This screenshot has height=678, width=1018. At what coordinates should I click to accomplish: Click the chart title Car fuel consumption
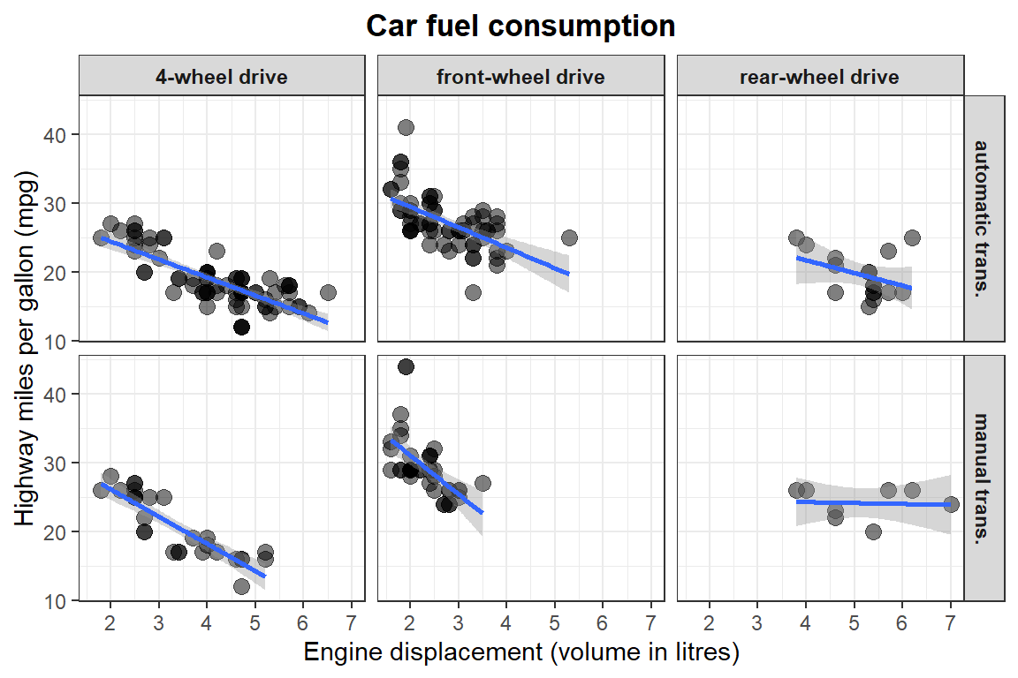point(520,26)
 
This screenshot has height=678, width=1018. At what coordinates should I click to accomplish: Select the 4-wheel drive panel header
point(221,77)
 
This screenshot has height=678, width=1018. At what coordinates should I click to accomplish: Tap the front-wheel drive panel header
point(520,77)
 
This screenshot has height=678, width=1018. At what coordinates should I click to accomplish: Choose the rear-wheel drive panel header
point(819,77)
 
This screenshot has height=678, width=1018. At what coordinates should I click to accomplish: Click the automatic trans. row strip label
point(984,217)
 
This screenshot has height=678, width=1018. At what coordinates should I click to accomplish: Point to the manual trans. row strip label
point(984,477)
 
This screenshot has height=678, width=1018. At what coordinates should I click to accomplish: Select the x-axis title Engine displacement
point(520,653)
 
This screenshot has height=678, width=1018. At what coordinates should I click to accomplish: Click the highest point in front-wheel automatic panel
point(406,127)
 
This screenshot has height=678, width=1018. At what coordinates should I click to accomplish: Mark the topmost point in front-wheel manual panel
point(406,366)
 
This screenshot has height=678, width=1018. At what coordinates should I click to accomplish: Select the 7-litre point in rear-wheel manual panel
point(951,504)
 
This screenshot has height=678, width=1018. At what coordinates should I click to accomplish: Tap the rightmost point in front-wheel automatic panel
point(569,237)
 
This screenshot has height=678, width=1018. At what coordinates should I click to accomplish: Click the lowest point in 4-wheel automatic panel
point(241,327)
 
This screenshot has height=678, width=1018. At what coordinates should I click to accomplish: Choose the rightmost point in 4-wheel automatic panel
point(328,292)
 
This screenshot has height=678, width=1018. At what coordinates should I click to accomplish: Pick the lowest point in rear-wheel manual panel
point(873,531)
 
